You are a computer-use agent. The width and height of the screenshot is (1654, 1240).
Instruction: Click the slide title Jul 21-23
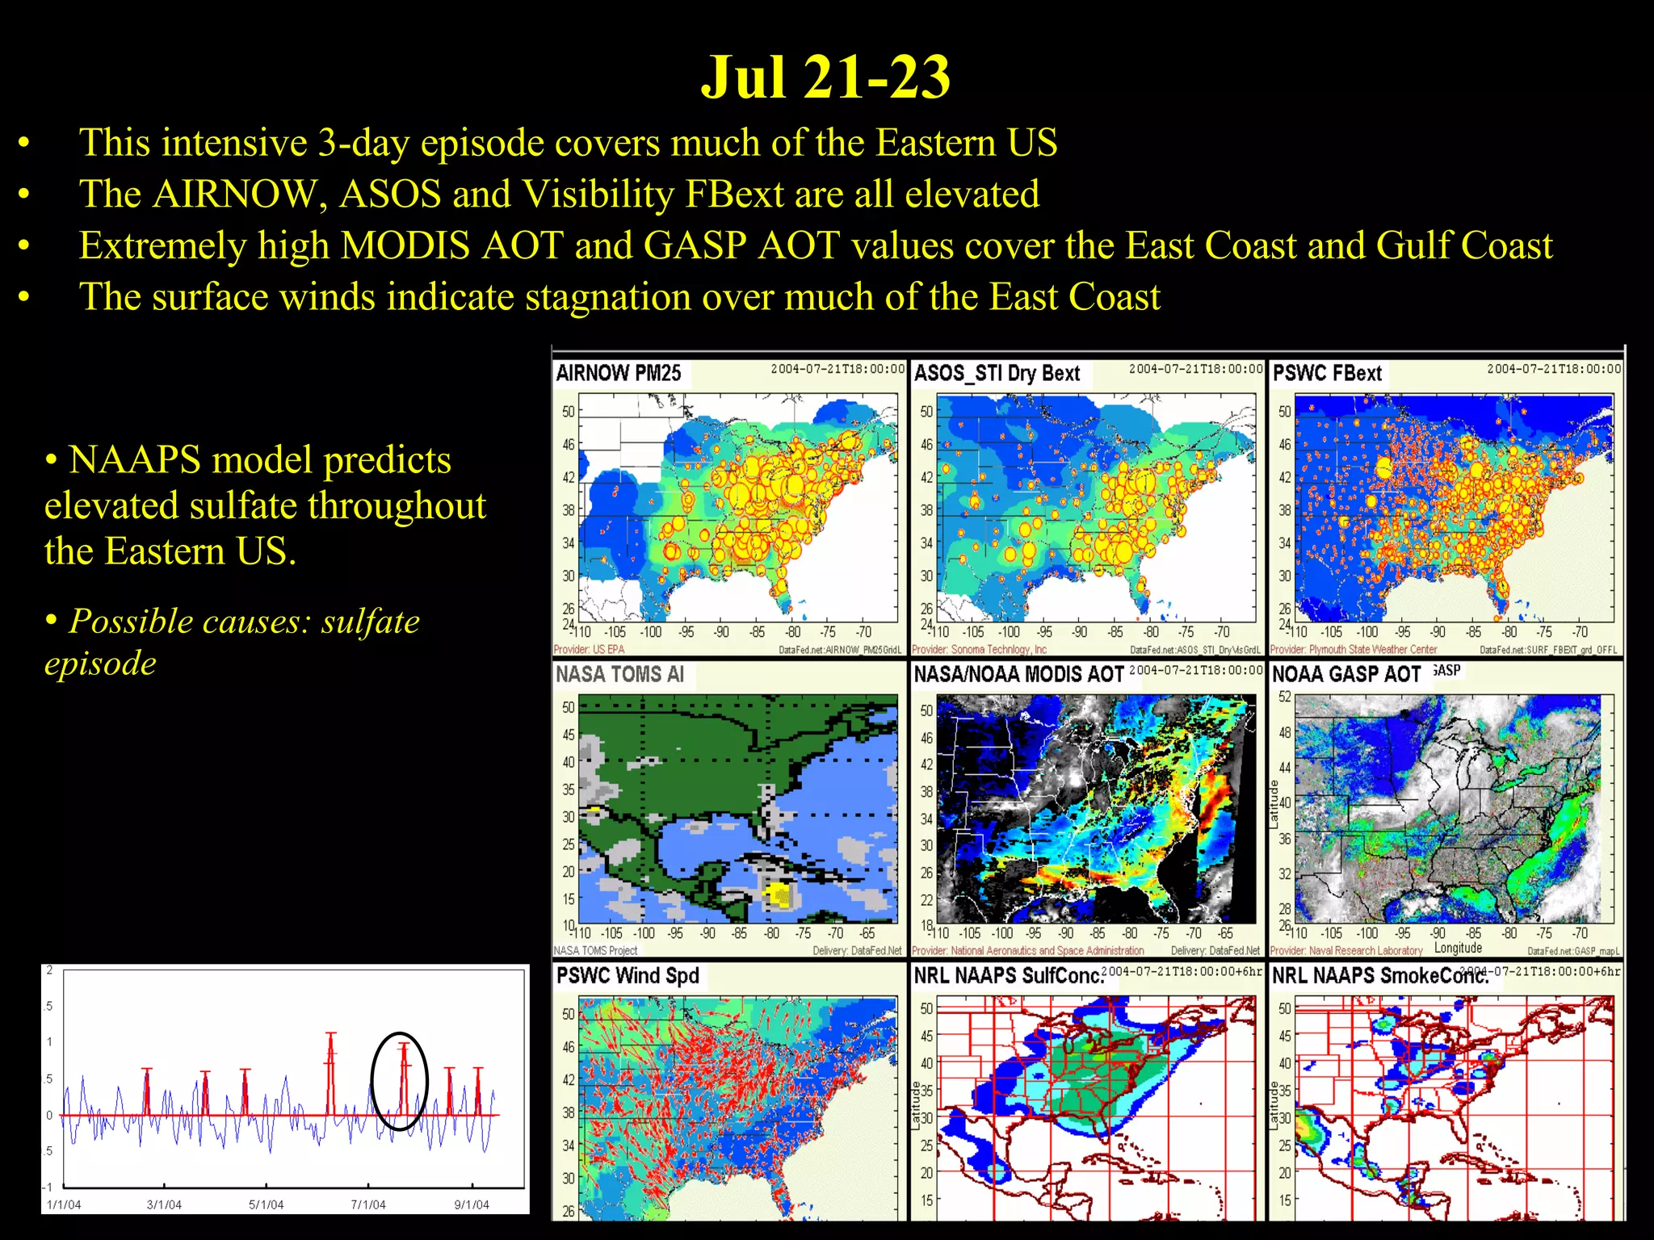pos(825,77)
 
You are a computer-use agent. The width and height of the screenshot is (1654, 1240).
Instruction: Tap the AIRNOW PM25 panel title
pos(619,373)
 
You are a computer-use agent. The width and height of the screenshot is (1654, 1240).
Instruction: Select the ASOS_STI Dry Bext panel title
pos(997,373)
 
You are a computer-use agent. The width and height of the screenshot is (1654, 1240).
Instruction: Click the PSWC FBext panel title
pos(1328,373)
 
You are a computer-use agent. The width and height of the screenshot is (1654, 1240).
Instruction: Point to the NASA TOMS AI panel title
pos(619,674)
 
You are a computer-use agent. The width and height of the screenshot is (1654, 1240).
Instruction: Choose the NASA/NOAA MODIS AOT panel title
pos(1018,674)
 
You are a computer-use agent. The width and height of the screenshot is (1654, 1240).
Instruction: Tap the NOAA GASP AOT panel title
pos(1346,674)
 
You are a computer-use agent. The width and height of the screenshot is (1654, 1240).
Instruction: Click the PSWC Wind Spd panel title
pos(628,975)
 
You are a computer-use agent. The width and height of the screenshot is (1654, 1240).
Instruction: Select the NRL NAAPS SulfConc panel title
pos(1008,975)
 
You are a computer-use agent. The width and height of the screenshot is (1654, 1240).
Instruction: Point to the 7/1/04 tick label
pos(368,1204)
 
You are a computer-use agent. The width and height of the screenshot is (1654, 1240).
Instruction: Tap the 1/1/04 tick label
pos(64,1204)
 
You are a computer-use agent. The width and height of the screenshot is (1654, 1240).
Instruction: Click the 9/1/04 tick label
pos(472,1204)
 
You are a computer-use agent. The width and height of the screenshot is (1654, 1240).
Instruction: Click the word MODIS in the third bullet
pos(411,245)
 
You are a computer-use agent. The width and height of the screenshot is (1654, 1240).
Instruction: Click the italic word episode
pos(100,664)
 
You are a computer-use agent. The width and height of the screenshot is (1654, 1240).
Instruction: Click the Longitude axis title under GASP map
pos(1458,948)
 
